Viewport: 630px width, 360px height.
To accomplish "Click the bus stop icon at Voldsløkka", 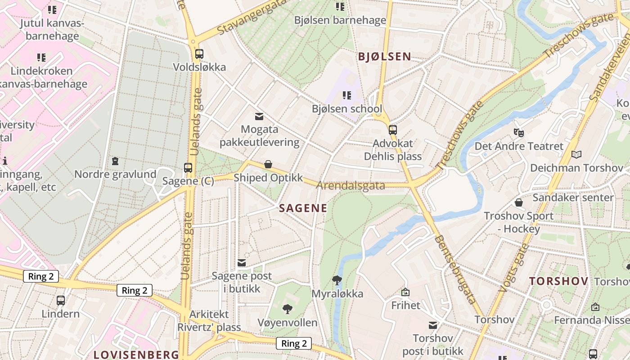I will [x=199, y=54].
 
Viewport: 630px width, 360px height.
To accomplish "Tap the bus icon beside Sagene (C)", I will [x=188, y=168].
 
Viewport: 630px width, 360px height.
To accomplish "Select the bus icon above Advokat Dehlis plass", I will [x=393, y=130].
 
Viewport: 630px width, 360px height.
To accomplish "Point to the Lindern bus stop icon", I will [x=61, y=300].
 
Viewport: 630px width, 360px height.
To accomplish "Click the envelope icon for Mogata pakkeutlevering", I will [x=259, y=117].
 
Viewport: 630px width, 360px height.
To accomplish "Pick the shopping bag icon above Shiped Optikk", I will [x=268, y=164].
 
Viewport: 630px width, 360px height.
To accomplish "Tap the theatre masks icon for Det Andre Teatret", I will [x=519, y=133].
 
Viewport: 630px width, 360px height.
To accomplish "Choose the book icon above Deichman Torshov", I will [x=576, y=155].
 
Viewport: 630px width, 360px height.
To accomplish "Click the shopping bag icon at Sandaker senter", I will [x=519, y=202].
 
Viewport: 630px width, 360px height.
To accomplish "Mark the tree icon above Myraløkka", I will [x=337, y=280].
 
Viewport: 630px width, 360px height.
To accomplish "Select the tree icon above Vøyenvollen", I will [x=288, y=309].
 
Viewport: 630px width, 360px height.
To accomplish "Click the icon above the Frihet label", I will [x=405, y=292].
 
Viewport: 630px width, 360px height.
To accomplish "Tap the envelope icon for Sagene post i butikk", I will [x=242, y=262].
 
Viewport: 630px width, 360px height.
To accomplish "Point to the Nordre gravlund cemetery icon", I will [x=115, y=161].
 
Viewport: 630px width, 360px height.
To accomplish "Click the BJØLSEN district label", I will [x=384, y=56].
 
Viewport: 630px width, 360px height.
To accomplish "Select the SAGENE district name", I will [x=303, y=208].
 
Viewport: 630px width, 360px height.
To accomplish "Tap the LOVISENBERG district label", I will [x=136, y=354].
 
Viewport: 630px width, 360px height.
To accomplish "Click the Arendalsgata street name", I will [x=351, y=185].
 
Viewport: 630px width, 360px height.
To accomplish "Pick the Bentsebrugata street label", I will [x=455, y=269].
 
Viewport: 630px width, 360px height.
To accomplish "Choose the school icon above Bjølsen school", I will [x=346, y=95].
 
